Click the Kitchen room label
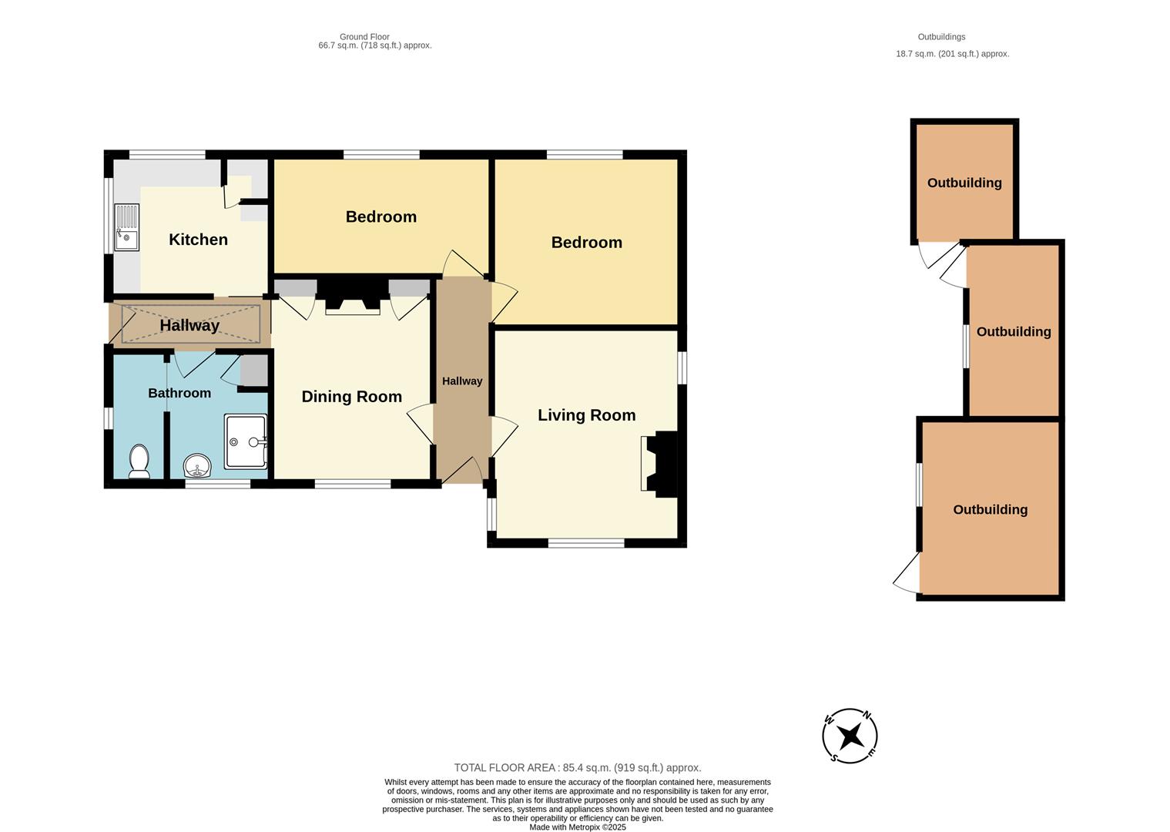(198, 240)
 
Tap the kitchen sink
(126, 227)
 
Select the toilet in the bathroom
(139, 461)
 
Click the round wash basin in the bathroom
(198, 466)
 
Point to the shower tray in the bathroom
(246, 441)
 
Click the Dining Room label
(351, 397)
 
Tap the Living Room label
(586, 415)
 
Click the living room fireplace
(659, 462)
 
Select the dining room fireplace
(353, 297)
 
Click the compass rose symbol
(850, 736)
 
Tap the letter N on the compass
(867, 715)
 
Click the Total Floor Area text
(577, 767)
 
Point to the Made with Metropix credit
(577, 827)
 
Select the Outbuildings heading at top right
(941, 37)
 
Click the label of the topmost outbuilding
(964, 183)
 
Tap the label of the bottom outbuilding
(990, 509)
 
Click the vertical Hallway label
(462, 381)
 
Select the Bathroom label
(179, 393)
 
